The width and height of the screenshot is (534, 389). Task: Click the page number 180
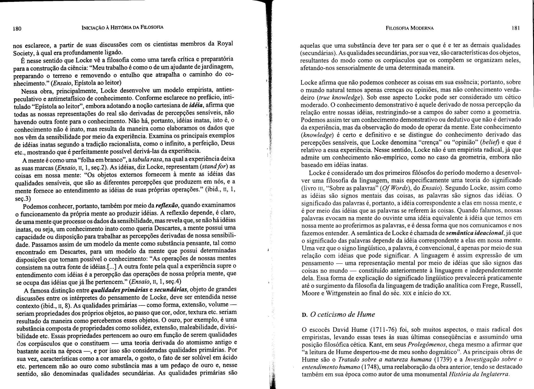[x=17, y=28]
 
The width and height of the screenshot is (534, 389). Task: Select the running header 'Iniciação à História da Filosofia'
[x=122, y=27]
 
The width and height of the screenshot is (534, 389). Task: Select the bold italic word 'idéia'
[x=196, y=105]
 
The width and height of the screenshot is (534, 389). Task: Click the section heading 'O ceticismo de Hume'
[x=342, y=315]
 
